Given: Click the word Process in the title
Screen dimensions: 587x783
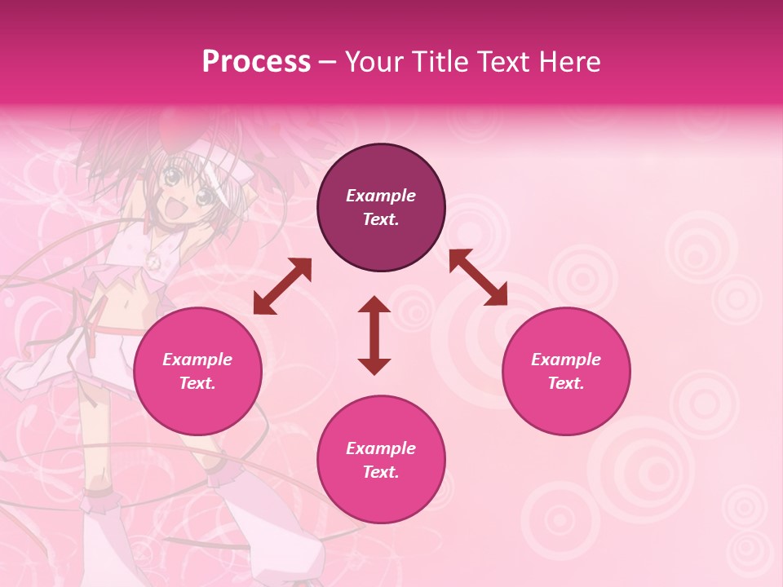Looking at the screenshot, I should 256,62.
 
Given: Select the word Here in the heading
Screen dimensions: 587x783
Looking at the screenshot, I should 569,62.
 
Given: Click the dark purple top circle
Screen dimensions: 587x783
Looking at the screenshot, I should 381,207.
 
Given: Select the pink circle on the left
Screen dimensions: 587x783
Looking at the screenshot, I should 197,371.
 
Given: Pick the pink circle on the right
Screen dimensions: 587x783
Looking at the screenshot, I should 566,371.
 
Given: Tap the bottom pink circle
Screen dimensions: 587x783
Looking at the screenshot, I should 381,459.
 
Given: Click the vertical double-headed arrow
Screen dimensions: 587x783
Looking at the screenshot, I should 374,335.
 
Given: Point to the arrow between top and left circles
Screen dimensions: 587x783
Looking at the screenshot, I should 282,286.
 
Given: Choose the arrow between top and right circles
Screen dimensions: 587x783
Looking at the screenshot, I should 478,277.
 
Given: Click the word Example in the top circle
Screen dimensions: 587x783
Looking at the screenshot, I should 381,196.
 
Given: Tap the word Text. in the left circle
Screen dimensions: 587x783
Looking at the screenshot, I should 197,383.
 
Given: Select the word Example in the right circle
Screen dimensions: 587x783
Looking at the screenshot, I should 566,360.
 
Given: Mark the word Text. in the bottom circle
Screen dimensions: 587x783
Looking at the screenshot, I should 381,472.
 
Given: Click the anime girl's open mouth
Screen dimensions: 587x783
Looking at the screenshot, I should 174,211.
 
